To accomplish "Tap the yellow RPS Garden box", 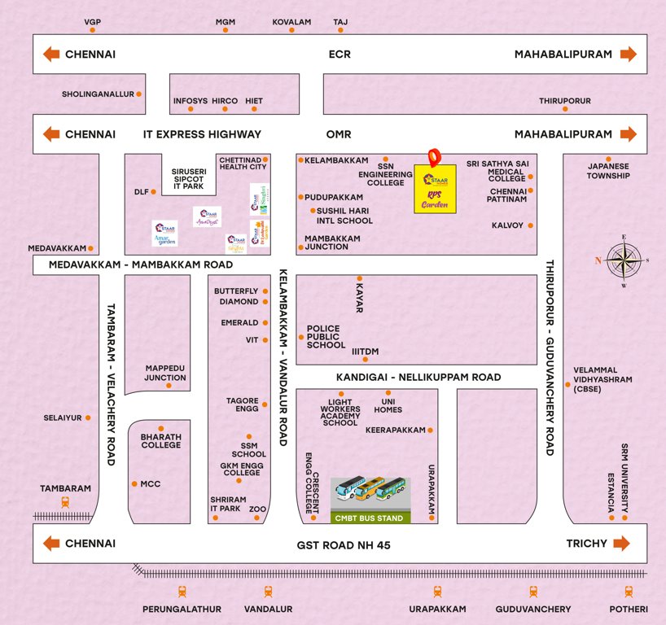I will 435,190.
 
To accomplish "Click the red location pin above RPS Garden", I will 435,155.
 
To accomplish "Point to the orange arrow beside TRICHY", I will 623,543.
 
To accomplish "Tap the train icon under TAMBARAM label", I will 65,504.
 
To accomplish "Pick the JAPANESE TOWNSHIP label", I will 608,171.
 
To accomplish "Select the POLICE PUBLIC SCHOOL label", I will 326,337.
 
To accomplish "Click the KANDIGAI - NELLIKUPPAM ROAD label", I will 418,378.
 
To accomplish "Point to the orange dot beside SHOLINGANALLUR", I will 139,94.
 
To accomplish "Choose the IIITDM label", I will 365,352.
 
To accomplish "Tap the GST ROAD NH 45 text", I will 346,544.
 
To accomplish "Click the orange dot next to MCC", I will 134,483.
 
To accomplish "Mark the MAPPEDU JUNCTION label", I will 165,373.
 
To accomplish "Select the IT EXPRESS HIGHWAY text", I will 202,134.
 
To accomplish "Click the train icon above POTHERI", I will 629,592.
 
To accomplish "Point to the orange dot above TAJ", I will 340,31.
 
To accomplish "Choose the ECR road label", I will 339,54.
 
